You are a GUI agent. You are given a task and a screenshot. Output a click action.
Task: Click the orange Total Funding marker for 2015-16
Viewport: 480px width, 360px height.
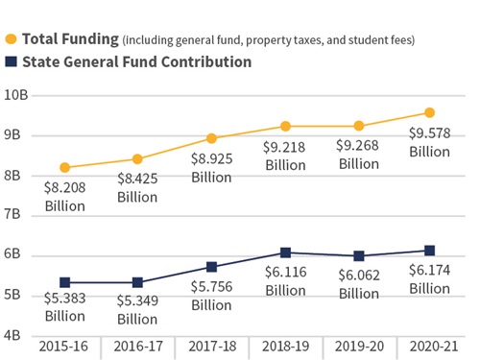pyautogui.click(x=64, y=168)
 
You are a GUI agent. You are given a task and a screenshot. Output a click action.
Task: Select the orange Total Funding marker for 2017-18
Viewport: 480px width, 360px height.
pyautogui.click(x=211, y=138)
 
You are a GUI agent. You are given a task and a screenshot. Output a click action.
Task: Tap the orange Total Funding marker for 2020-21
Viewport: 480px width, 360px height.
pyautogui.click(x=429, y=113)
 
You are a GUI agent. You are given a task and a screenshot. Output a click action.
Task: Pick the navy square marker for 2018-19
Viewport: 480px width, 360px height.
pyautogui.click(x=285, y=252)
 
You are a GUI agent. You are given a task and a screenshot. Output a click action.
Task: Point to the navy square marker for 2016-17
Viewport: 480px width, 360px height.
pyautogui.click(x=137, y=282)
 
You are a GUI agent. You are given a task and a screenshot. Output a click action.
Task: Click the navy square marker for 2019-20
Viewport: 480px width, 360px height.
pyautogui.click(x=358, y=256)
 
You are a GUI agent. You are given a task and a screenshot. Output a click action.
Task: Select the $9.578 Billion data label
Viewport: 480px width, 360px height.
pyautogui.click(x=429, y=142)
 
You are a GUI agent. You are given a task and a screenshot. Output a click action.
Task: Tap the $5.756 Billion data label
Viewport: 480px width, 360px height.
pyautogui.click(x=211, y=296)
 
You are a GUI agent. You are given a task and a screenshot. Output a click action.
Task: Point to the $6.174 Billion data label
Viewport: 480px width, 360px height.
pyautogui.click(x=429, y=279)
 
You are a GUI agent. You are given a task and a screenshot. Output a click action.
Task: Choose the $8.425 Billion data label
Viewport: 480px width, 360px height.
pyautogui.click(x=137, y=187)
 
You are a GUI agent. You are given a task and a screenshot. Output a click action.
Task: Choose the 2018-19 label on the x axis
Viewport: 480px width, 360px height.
pyautogui.click(x=285, y=346)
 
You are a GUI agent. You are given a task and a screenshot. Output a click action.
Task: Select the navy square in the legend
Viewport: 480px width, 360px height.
pyautogui.click(x=11, y=61)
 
